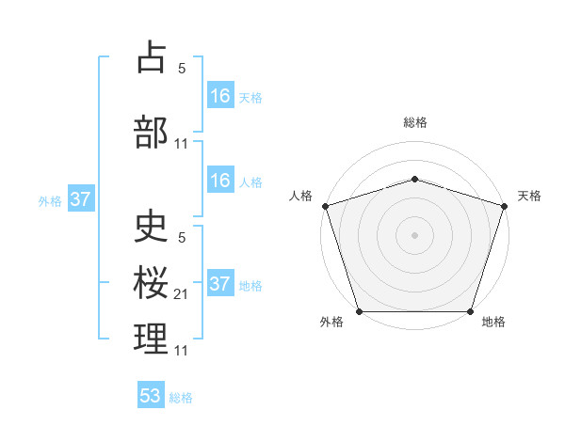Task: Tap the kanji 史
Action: click(x=151, y=229)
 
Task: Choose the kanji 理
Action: click(x=151, y=339)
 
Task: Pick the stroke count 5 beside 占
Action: click(x=181, y=68)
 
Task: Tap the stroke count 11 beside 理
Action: click(x=181, y=351)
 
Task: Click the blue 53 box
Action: click(x=151, y=396)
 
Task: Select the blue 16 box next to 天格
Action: click(x=220, y=95)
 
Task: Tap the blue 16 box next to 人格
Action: click(x=220, y=181)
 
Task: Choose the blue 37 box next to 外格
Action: click(x=81, y=198)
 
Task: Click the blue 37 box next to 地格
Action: click(x=220, y=284)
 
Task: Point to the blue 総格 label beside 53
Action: click(x=181, y=398)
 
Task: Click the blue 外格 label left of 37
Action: click(x=49, y=200)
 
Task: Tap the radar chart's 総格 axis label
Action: click(x=414, y=123)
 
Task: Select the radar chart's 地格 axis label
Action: click(x=493, y=323)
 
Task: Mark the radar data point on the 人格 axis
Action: click(x=325, y=206)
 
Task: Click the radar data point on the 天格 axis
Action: click(x=504, y=206)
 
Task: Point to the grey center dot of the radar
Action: click(x=414, y=234)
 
